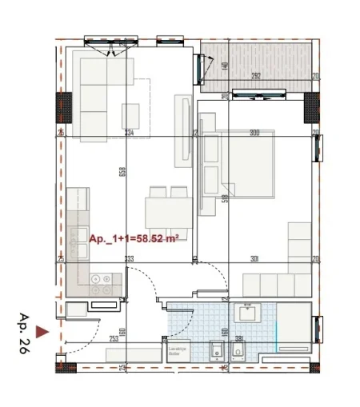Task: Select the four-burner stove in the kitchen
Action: click(102, 281)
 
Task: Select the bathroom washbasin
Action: click(246, 313)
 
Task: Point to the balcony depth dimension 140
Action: click(226, 66)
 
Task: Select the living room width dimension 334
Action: click(129, 133)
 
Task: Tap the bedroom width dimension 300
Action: click(254, 133)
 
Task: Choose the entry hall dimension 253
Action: click(114, 338)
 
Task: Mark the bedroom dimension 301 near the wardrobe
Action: click(254, 257)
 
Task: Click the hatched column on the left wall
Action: click(62, 105)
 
